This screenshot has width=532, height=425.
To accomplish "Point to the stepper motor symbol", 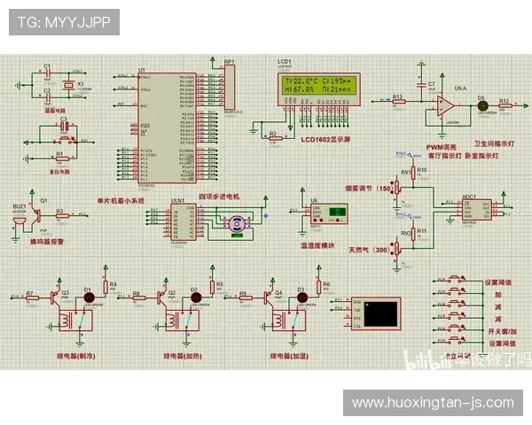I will (x=237, y=224).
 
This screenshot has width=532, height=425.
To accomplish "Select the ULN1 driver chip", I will (x=177, y=221).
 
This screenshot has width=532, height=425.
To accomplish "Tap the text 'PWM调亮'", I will (x=441, y=146).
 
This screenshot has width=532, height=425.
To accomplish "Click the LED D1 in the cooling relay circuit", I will (x=88, y=297).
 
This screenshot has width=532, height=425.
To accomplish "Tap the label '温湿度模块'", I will (x=317, y=245).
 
